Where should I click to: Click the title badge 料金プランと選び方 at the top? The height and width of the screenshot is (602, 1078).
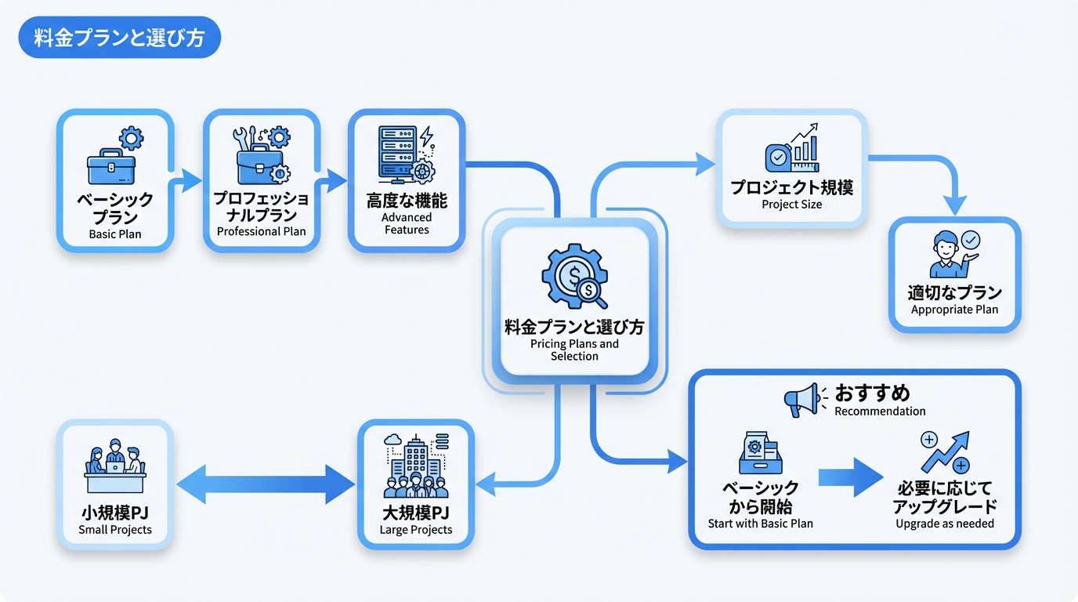118,38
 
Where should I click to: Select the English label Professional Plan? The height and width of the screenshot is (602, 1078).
261,231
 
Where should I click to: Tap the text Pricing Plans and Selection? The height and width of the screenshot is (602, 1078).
574,350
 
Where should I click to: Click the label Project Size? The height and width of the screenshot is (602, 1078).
791,205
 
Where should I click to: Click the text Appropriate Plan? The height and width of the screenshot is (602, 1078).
954,310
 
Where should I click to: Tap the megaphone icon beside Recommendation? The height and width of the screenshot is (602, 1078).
804,399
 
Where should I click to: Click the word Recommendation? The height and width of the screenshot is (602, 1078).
880,412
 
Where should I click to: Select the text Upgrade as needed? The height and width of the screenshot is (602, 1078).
945,524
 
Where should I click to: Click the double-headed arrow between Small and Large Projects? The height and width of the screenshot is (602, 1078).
266,484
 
